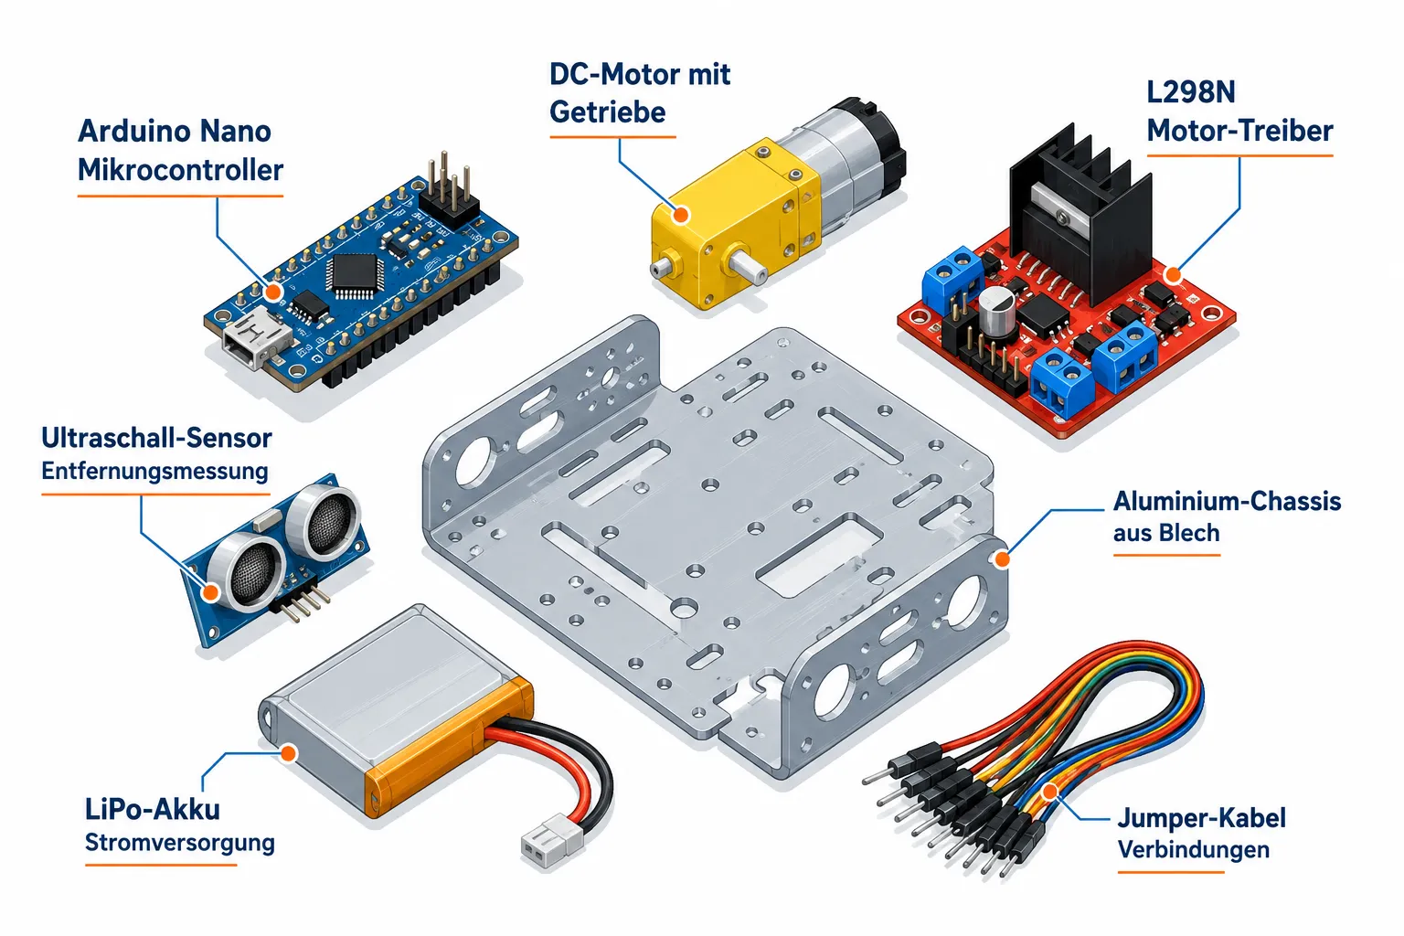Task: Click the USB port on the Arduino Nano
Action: (x=256, y=342)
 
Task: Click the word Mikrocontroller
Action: (x=180, y=171)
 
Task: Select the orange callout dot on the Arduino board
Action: (x=272, y=292)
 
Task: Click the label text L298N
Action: (x=1191, y=93)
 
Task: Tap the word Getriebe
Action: (x=607, y=112)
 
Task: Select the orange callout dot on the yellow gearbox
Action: (x=681, y=215)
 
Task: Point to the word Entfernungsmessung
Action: (x=154, y=471)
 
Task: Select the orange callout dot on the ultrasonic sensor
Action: (x=211, y=591)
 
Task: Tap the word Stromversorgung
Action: (x=180, y=843)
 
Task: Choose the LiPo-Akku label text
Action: (x=153, y=809)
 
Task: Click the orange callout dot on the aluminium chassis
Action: (x=1002, y=559)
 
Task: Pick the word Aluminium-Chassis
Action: (x=1227, y=502)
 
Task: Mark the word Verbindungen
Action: (x=1194, y=849)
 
